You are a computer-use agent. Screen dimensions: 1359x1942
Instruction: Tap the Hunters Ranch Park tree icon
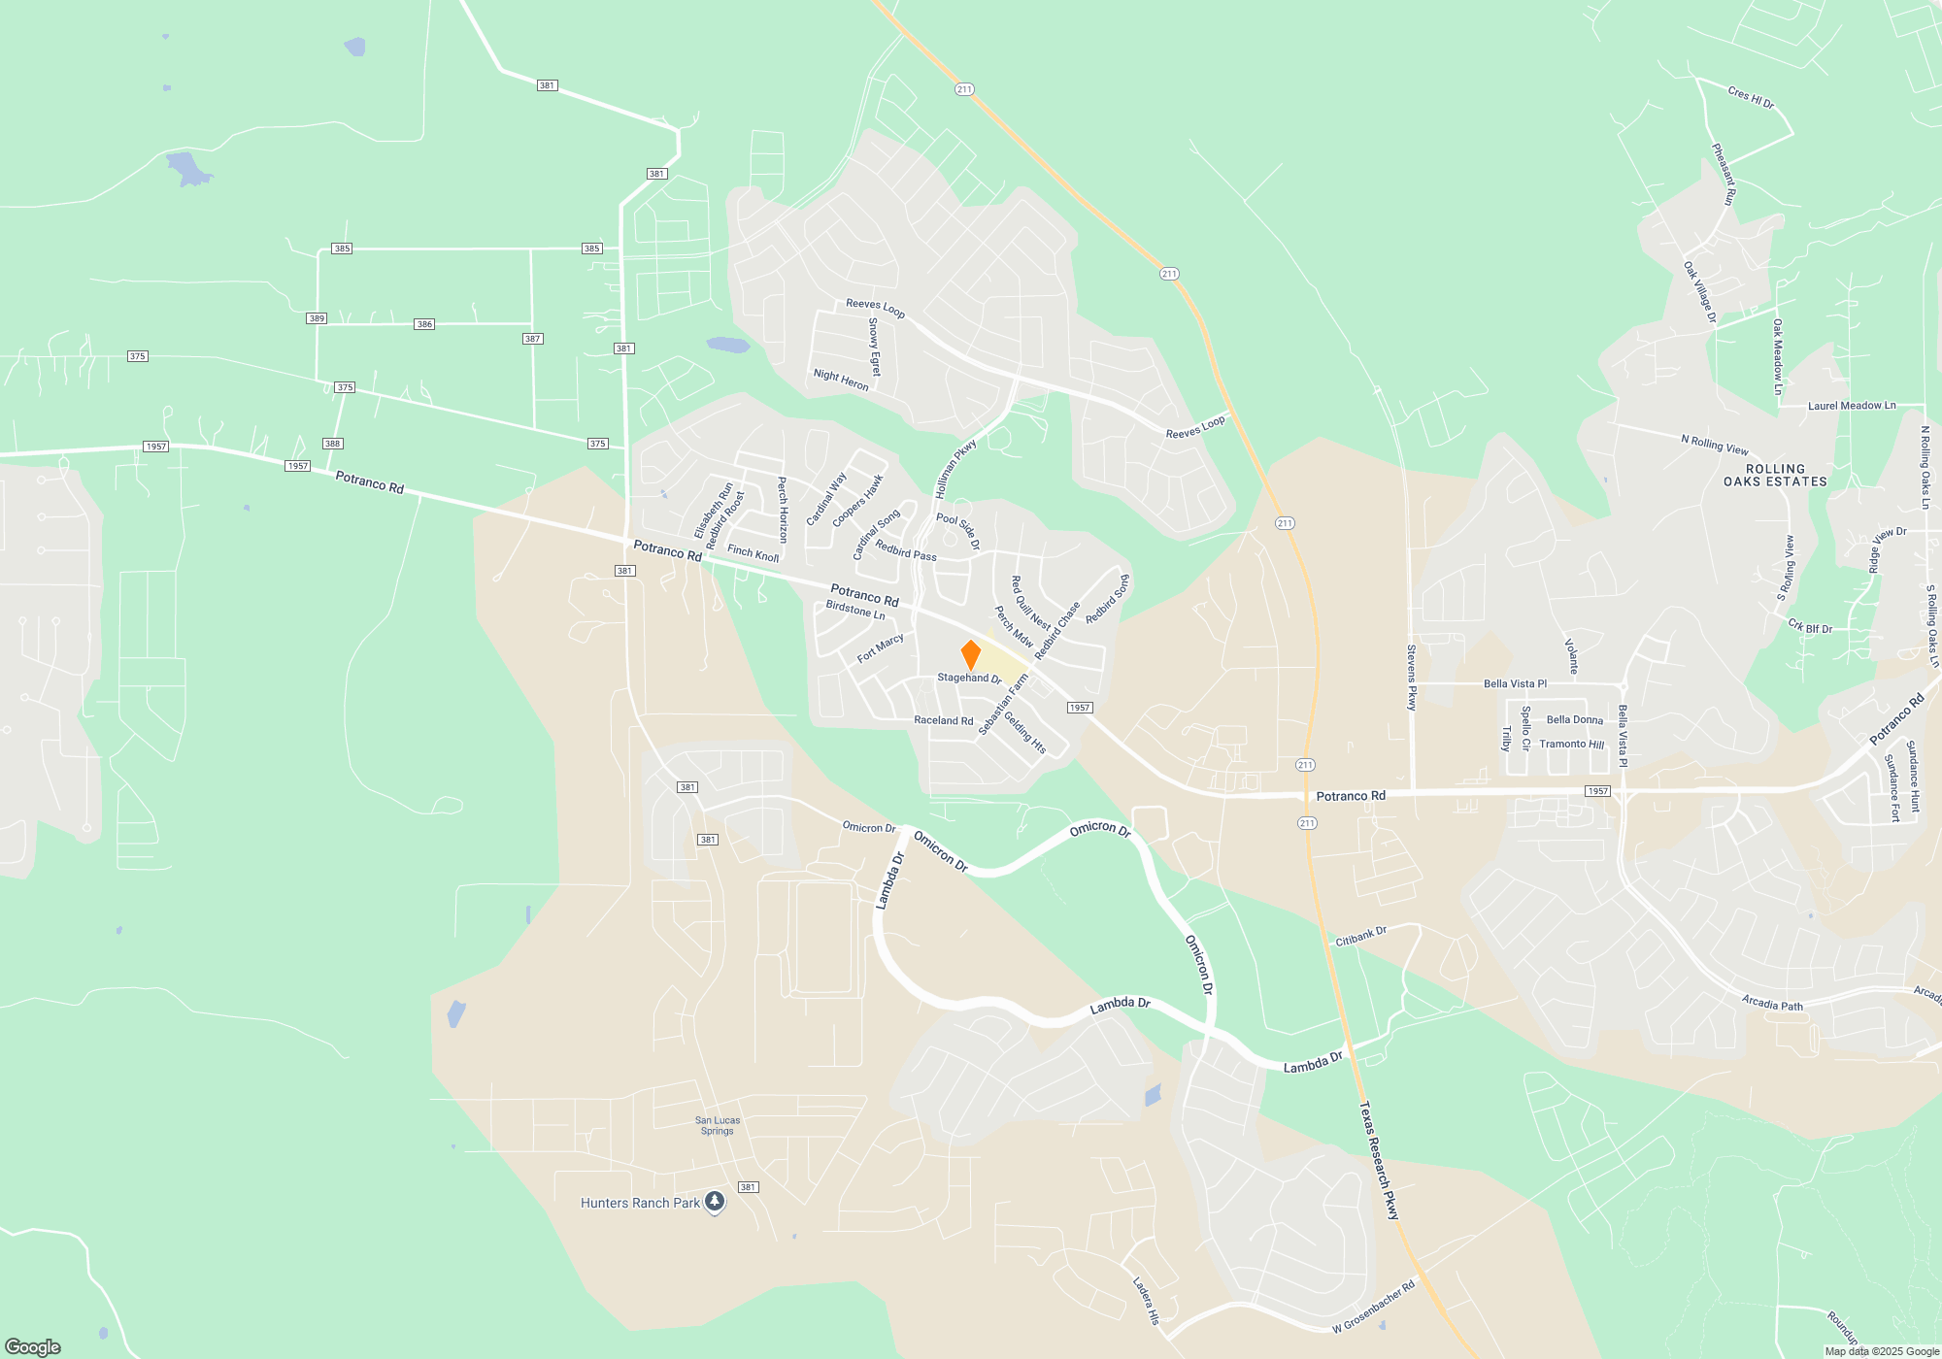pos(715,1203)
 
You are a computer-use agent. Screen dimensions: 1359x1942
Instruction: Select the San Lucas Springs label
pos(718,1125)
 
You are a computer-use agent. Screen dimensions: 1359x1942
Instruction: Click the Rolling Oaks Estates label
pos(1775,475)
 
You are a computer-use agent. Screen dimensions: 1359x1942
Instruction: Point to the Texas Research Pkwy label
pos(1379,1160)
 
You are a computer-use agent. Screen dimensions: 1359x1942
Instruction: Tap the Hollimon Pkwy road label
pos(955,470)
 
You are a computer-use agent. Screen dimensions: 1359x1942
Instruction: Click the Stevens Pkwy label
pos(1412,677)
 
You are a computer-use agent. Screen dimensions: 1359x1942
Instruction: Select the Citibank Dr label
pos(1360,937)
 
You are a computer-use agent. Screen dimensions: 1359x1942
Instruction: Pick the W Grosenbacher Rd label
pos(1373,1307)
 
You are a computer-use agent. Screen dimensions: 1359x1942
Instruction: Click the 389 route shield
pos(317,318)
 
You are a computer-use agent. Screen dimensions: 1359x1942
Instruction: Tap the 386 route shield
pos(424,324)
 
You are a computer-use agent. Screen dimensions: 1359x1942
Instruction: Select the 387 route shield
pos(532,339)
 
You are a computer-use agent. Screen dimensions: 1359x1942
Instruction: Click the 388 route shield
pos(332,444)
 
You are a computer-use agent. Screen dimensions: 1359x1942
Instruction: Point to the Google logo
pos(33,1346)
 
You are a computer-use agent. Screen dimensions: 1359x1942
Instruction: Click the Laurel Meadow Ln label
pos(1851,406)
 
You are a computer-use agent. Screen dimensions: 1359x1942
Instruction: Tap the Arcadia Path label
pos(1772,1004)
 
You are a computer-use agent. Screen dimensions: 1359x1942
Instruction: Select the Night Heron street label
pos(841,380)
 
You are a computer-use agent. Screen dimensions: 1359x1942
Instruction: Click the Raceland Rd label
pos(943,720)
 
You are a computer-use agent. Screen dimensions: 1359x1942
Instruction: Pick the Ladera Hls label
pos(1146,1301)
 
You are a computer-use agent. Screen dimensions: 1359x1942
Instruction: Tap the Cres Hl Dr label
pos(1751,97)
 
